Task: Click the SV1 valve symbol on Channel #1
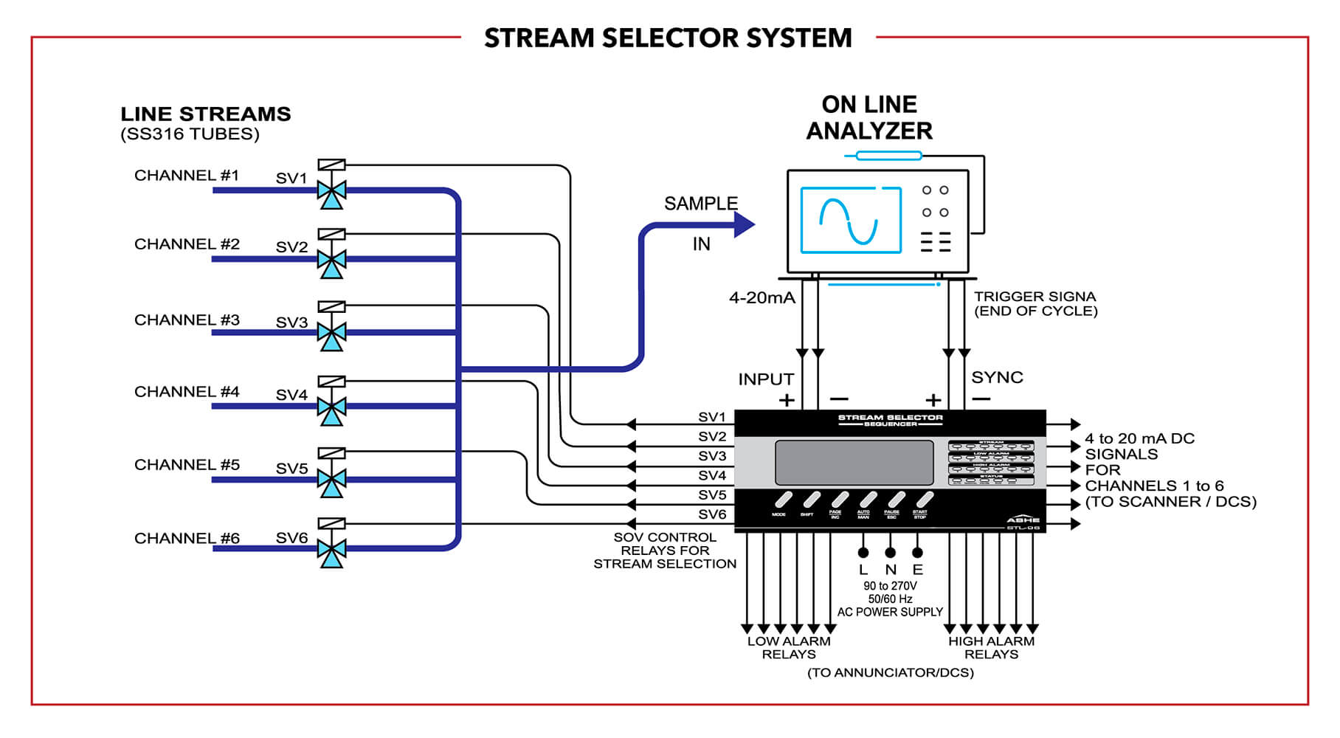[x=331, y=190]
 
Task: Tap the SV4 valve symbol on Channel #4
[x=331, y=407]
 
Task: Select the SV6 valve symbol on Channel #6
[x=331, y=548]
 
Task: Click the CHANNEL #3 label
[x=187, y=320]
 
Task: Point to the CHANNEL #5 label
[x=187, y=465]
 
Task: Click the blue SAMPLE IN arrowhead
[x=744, y=224]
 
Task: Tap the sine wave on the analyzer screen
[x=849, y=221]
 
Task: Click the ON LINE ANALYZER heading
[x=869, y=117]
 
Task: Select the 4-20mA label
[x=761, y=298]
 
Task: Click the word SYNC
[x=997, y=378]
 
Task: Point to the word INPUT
[x=766, y=379]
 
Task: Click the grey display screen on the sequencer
[x=854, y=463]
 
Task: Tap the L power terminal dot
[x=863, y=553]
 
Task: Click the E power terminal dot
[x=917, y=553]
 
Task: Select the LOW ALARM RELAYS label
[x=789, y=648]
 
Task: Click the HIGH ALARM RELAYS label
[x=991, y=648]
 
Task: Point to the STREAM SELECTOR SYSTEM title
[x=668, y=38]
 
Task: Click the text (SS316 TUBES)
[x=190, y=134]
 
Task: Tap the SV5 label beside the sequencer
[x=712, y=495]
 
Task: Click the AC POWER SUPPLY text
[x=890, y=613]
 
